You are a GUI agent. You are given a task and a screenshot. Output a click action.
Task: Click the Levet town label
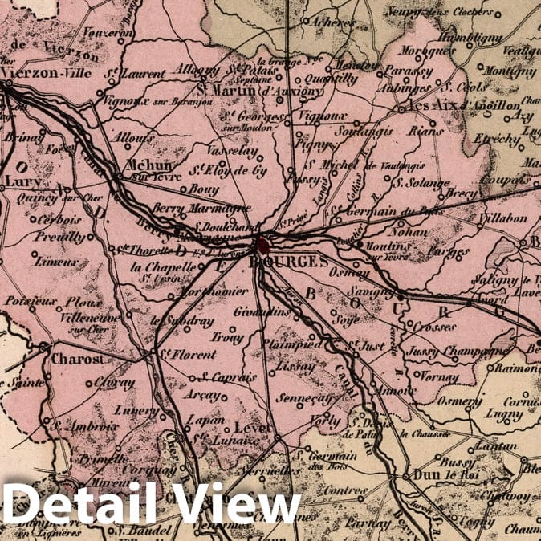[x=254, y=428]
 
